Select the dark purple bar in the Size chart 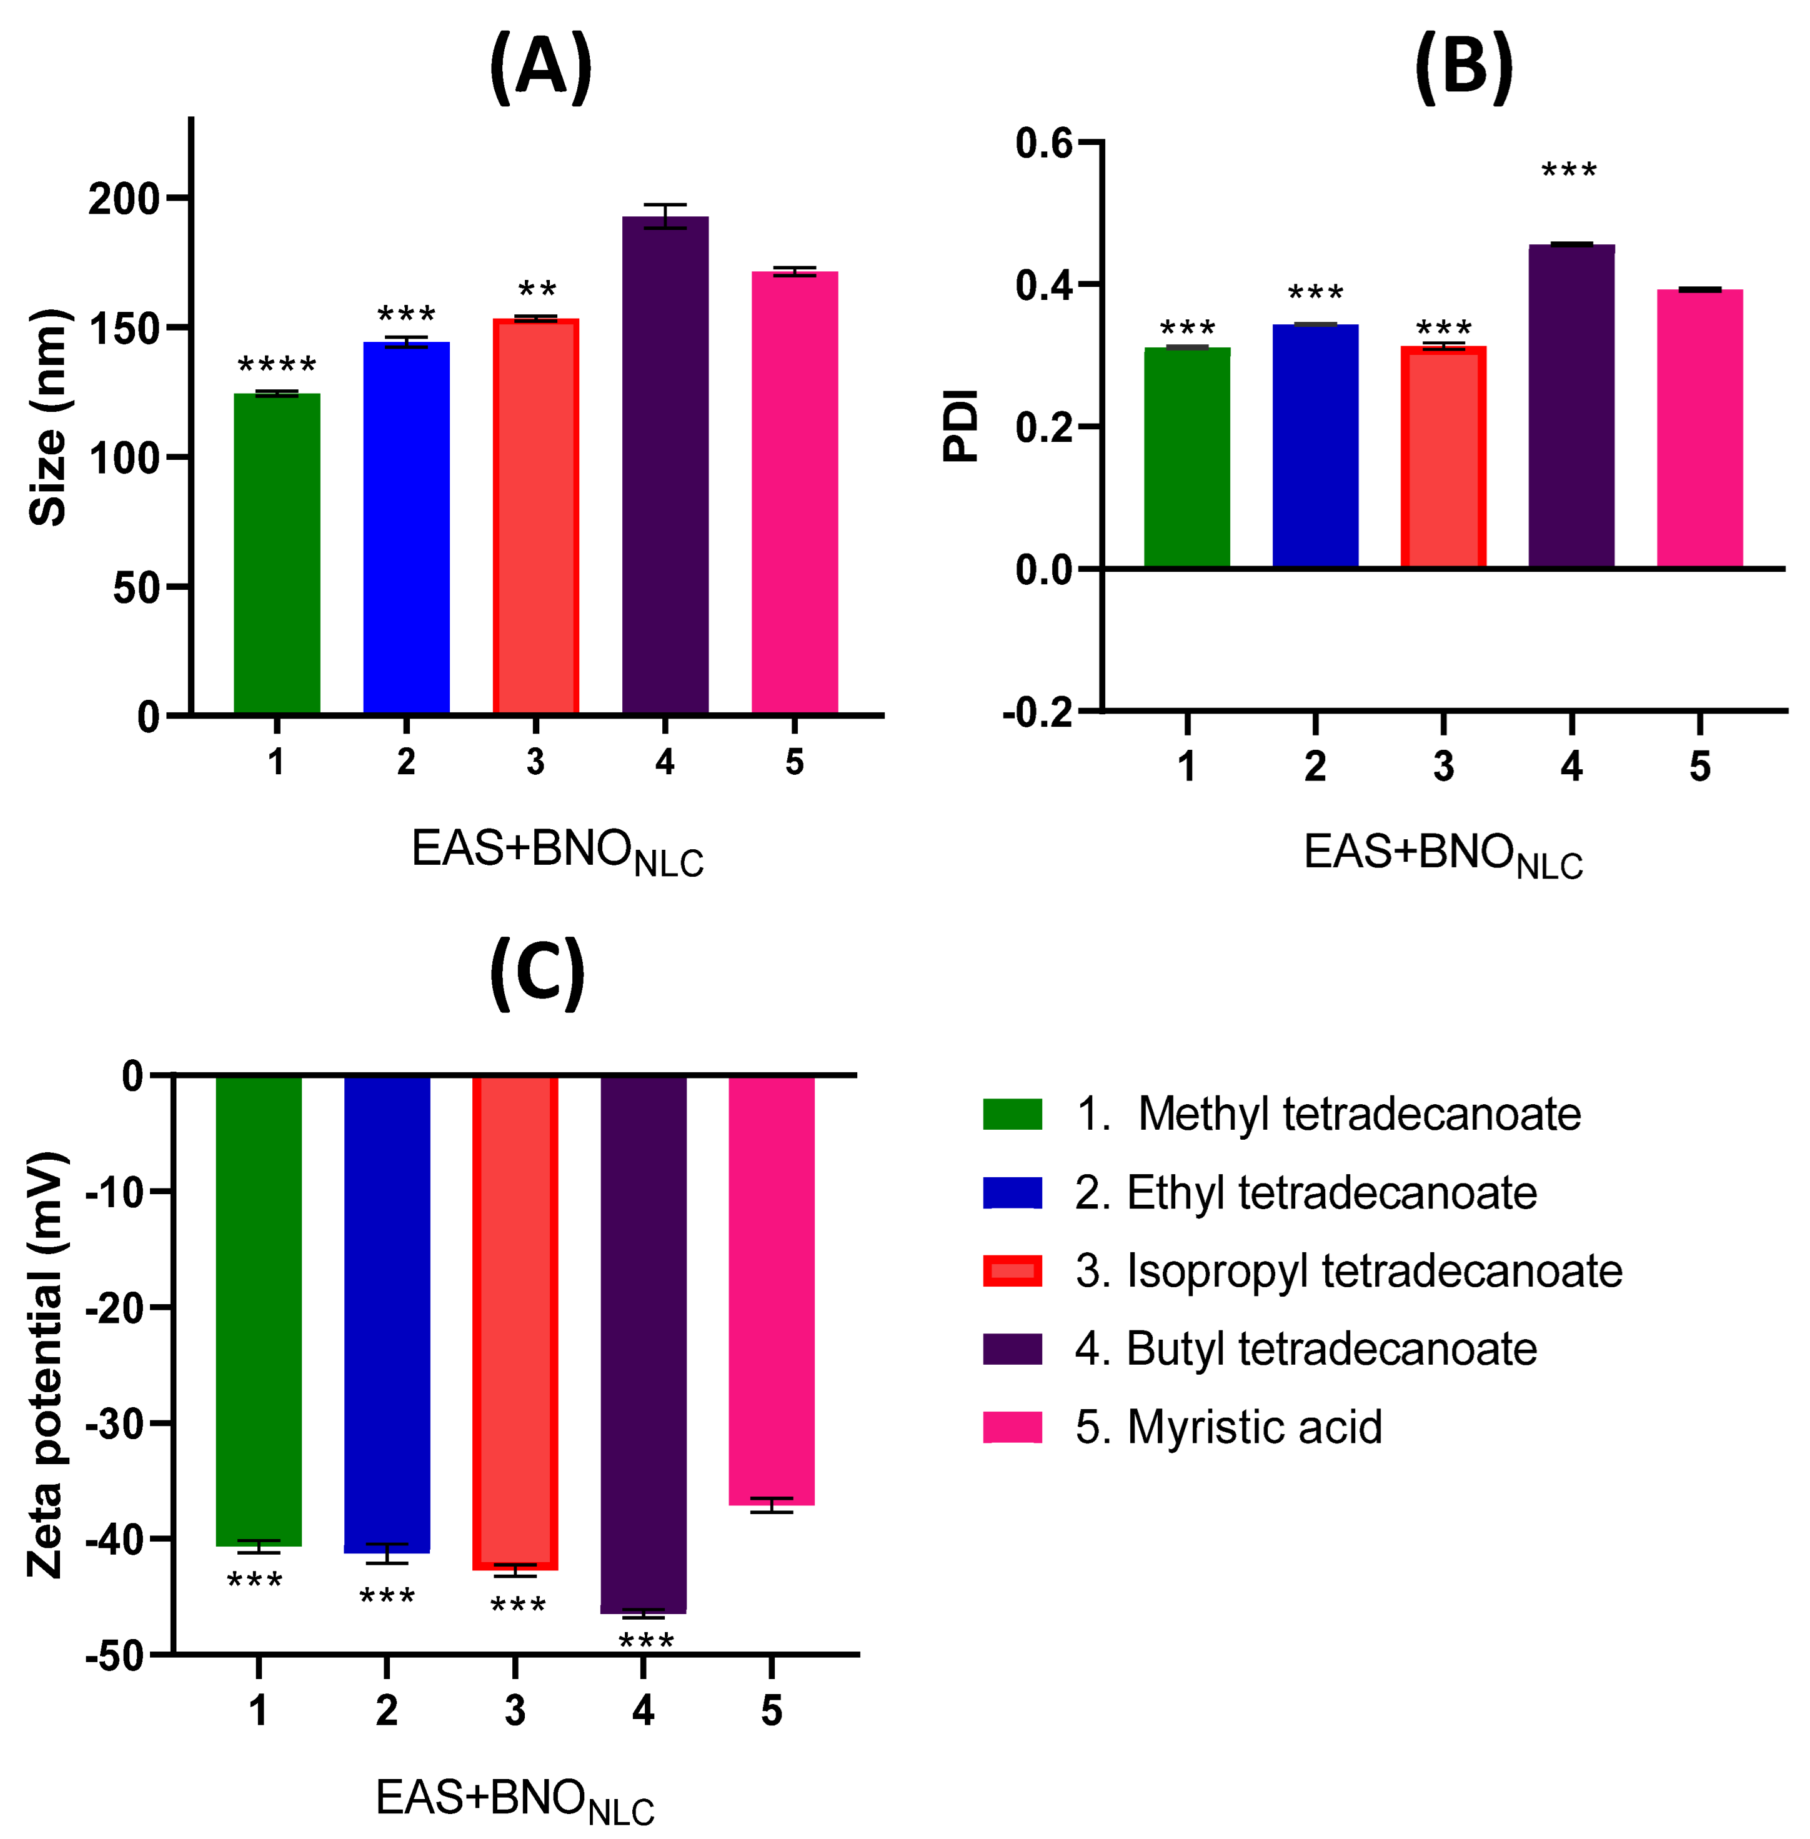point(665,466)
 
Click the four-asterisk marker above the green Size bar point(277,365)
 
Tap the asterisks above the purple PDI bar point(1569,171)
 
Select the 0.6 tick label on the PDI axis point(1043,144)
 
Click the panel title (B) point(1463,67)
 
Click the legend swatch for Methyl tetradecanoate point(1012,1114)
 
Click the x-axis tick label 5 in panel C point(771,1711)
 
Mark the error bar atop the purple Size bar point(665,216)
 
